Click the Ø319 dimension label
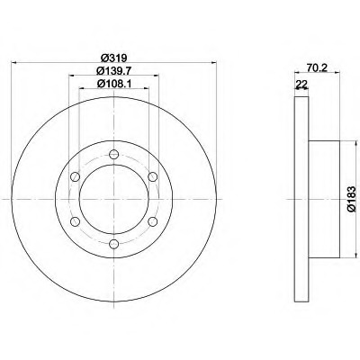tap(114, 57)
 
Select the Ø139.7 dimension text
tap(114, 71)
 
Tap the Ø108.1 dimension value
tap(114, 84)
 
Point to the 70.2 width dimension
tap(317, 68)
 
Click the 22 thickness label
tap(301, 84)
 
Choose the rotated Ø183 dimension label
tap(352, 199)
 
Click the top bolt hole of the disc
tap(114, 155)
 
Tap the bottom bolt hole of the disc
tap(114, 244)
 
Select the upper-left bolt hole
tap(75, 176)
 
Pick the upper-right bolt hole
tap(153, 176)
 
